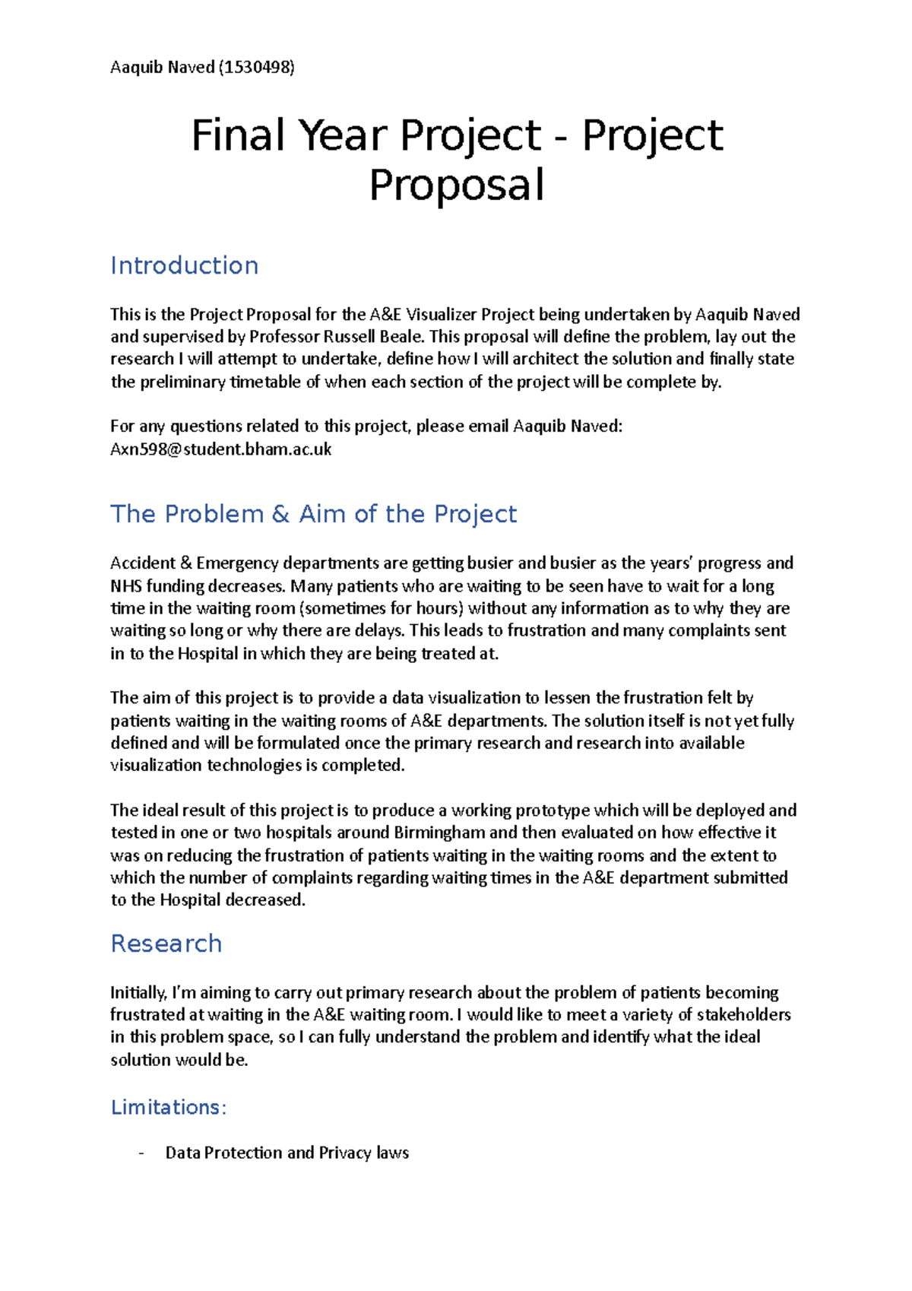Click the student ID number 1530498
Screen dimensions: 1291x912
[256, 68]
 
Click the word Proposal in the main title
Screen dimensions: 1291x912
[457, 186]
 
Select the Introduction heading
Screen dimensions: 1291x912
[185, 265]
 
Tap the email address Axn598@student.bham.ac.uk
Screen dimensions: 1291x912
[221, 449]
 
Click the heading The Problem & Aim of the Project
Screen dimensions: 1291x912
[313, 514]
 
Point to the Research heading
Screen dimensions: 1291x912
[166, 944]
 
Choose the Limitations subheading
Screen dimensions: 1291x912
[169, 1108]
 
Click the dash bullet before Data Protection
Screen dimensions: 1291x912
[141, 1153]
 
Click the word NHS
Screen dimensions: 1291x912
[126, 586]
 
